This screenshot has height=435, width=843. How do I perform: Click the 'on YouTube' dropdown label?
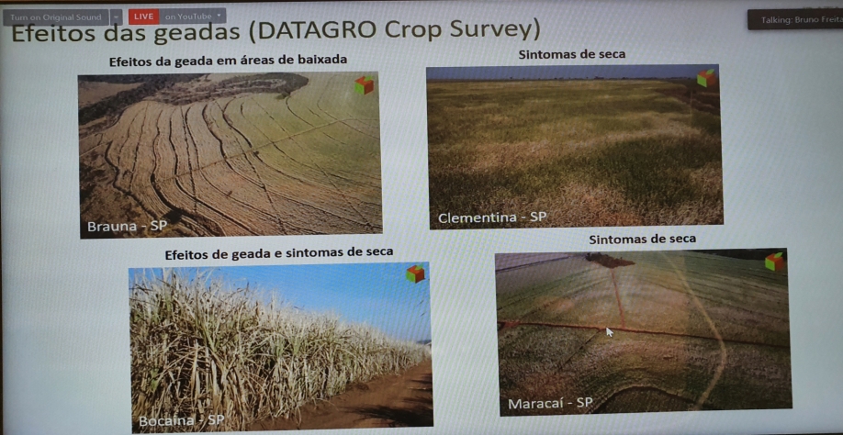[x=193, y=17]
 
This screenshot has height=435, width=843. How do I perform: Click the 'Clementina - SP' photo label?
[x=492, y=217]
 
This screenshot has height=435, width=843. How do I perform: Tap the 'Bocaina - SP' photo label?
[x=181, y=420]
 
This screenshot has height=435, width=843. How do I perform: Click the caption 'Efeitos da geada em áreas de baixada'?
[x=228, y=61]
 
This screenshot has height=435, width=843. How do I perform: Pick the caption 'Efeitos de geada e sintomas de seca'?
[x=278, y=251]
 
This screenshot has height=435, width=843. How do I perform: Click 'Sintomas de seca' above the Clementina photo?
[x=571, y=54]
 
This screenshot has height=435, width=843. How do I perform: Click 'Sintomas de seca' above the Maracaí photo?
[x=642, y=239]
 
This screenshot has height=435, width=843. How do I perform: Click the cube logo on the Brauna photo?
[x=365, y=85]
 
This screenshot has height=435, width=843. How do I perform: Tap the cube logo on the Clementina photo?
[x=705, y=79]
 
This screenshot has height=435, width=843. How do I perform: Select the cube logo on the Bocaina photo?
[x=415, y=273]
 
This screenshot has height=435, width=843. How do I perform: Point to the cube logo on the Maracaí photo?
[x=774, y=262]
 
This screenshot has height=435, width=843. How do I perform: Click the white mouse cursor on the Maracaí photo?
[x=608, y=331]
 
